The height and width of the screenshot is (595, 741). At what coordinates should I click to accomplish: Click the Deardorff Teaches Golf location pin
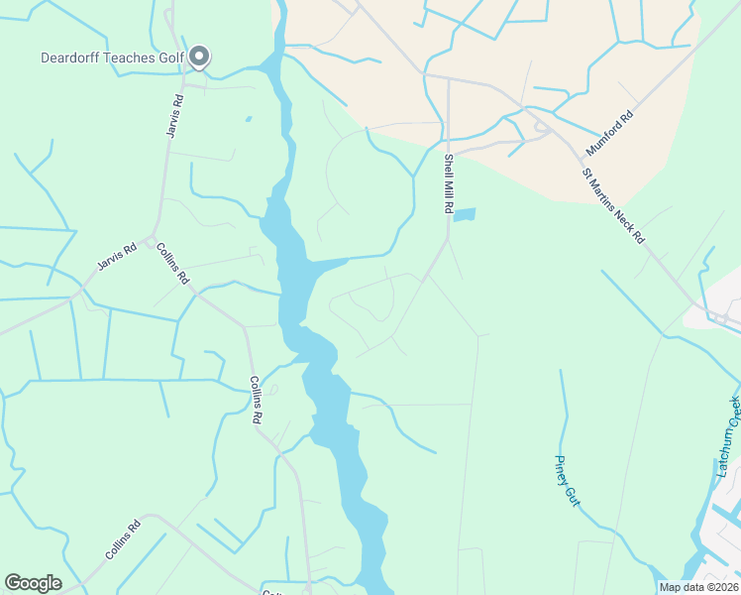click(199, 57)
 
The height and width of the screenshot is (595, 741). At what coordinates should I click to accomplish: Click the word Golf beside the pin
click(171, 58)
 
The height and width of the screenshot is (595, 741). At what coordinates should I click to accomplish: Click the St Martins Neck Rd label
click(614, 206)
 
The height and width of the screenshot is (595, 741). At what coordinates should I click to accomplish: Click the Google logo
click(33, 583)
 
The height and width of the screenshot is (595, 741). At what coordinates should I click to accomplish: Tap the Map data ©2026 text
click(697, 587)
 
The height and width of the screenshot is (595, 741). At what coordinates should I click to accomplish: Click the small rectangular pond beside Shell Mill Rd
click(464, 214)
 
